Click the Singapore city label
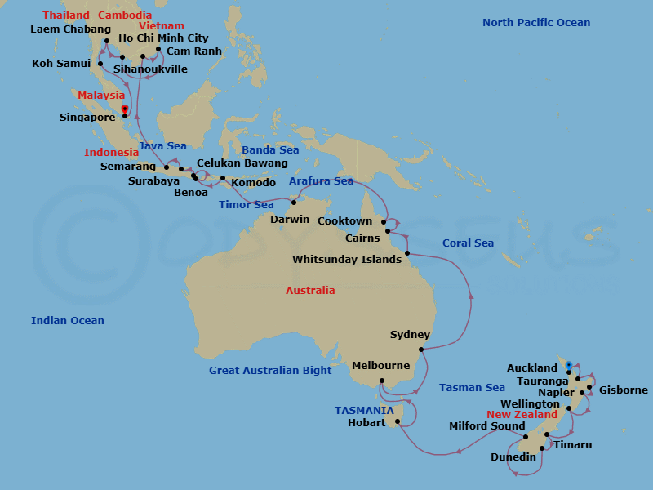(x=88, y=118)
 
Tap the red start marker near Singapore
(x=124, y=109)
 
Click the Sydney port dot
(x=420, y=350)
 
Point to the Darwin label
(x=290, y=219)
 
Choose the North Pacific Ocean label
(x=536, y=23)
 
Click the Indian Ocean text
(x=68, y=321)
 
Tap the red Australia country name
(x=310, y=291)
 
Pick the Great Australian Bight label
(x=270, y=371)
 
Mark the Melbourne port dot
(x=381, y=381)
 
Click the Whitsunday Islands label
(x=347, y=260)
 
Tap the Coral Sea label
(x=468, y=243)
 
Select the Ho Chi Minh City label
(x=163, y=38)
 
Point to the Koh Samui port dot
(x=100, y=63)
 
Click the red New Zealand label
(x=522, y=415)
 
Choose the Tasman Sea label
(x=472, y=388)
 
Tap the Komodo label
(x=254, y=183)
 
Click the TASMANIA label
(x=363, y=410)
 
